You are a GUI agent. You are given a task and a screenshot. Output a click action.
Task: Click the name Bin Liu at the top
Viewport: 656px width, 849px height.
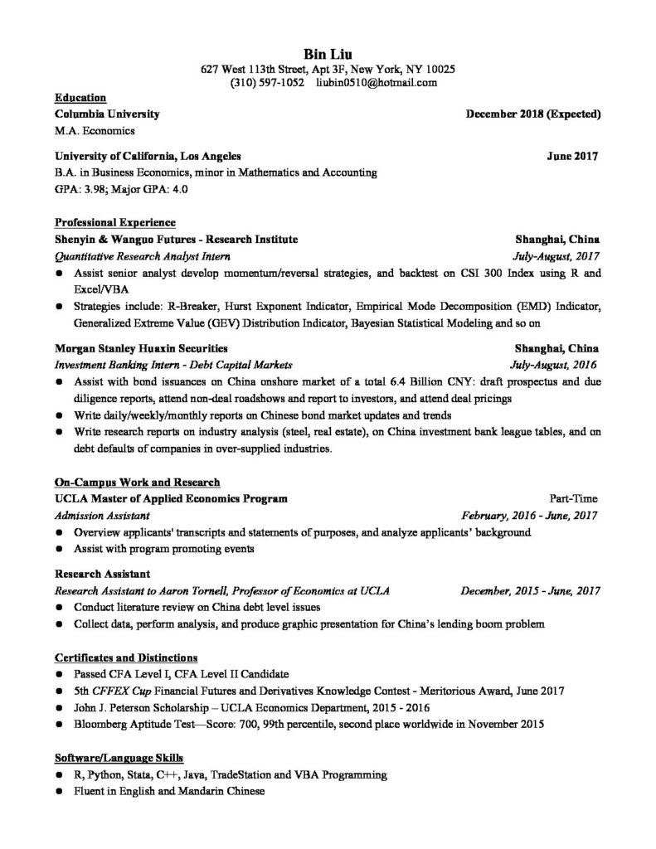click(x=328, y=54)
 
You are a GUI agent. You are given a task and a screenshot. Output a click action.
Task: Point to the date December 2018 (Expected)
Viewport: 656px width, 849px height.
click(x=533, y=114)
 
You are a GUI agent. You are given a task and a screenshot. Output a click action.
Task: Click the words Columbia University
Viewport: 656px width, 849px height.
click(x=106, y=114)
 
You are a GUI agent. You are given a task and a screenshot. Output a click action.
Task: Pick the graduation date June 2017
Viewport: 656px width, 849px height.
click(x=572, y=156)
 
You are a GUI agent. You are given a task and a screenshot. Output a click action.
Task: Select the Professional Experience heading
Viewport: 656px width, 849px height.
click(x=114, y=222)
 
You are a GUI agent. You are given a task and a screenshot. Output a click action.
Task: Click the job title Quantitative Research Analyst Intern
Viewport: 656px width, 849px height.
click(x=142, y=256)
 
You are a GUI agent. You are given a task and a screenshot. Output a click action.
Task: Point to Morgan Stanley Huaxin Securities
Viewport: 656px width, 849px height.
click(x=140, y=348)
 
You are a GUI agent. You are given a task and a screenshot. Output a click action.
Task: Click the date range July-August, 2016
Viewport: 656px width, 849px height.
click(x=554, y=365)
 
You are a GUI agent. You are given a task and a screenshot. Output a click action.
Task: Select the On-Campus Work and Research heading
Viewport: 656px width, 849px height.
click(x=137, y=482)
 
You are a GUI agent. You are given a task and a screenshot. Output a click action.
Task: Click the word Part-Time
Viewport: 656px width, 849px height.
click(x=573, y=499)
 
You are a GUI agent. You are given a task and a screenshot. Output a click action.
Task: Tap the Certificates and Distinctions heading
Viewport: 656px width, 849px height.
click(x=125, y=657)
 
